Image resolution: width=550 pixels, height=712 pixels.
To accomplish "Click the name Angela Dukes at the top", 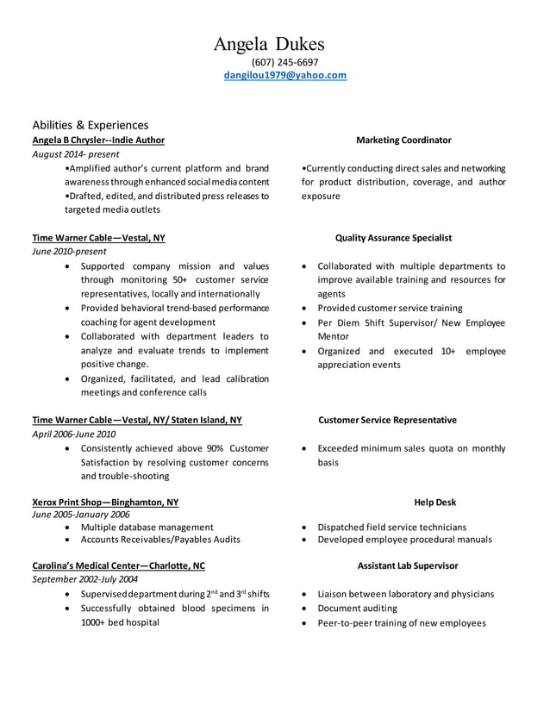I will tap(269, 43).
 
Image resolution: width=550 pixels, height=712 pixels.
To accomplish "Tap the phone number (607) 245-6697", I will tap(284, 62).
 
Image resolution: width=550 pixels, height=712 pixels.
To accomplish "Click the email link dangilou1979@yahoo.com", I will tap(284, 75).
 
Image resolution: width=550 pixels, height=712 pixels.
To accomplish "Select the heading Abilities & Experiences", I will tap(91, 124).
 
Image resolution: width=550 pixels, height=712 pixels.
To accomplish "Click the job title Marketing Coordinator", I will tap(403, 140).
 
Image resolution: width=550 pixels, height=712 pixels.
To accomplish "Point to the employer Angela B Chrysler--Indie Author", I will tap(98, 140).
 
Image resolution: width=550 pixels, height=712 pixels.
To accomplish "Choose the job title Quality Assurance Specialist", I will tap(393, 237).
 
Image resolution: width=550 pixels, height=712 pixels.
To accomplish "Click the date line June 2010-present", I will tap(69, 252).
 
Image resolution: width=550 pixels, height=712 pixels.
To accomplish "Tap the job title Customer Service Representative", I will tap(387, 420).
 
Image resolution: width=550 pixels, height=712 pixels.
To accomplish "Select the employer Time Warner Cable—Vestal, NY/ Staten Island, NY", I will tap(137, 420).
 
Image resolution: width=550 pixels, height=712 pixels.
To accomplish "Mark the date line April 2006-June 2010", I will tap(73, 434).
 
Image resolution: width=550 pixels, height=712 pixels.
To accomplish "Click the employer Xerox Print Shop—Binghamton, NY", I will tap(105, 502).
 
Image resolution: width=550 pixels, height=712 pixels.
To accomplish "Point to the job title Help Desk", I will tap(434, 502).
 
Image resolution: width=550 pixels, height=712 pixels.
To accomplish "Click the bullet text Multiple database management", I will tap(147, 527).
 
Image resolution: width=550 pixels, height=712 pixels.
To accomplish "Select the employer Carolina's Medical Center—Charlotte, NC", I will tap(118, 565).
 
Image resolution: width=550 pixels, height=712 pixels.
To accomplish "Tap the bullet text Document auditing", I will tap(357, 608).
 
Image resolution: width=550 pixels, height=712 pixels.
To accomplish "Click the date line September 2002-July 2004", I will tap(84, 579).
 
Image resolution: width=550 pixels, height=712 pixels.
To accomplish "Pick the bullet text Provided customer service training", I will tap(390, 308).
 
